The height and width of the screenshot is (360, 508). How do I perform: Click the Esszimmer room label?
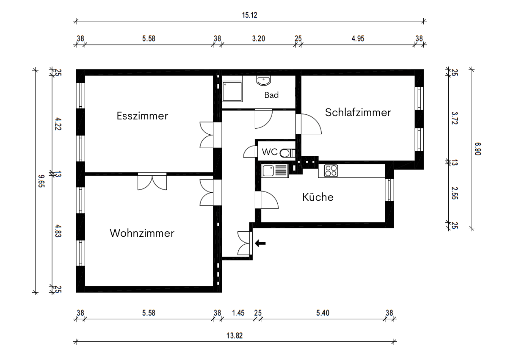142,116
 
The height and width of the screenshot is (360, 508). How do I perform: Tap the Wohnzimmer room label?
142,233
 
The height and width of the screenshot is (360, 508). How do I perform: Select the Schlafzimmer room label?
358,112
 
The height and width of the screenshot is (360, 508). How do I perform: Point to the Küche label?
317,197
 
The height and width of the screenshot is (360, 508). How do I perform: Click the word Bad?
271,95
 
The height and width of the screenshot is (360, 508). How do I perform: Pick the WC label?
269,152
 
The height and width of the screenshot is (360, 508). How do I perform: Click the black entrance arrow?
260,243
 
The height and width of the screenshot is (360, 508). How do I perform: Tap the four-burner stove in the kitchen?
331,171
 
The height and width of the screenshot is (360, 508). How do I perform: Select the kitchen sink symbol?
274,171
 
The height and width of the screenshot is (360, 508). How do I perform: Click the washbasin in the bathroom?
263,80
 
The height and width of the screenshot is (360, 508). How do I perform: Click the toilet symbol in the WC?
288,153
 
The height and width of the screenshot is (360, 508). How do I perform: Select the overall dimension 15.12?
250,15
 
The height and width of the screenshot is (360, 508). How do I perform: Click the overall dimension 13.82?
235,336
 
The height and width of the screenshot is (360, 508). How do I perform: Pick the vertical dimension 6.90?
478,148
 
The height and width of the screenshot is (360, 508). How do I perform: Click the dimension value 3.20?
258,39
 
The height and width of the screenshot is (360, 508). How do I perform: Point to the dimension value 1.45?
238,313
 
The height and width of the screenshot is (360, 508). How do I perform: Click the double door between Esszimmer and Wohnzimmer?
152,181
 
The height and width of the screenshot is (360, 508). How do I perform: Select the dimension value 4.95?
358,39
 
